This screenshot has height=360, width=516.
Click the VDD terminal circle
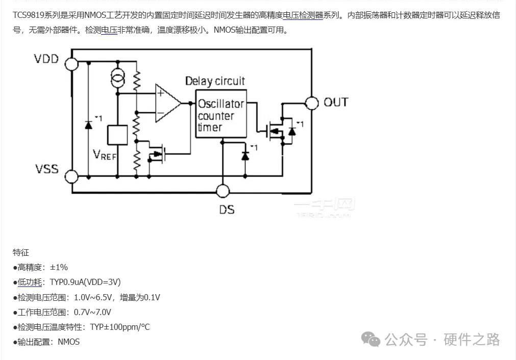coord(71,63)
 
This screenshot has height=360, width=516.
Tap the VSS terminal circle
coord(71,177)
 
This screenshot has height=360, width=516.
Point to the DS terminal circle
coord(223,191)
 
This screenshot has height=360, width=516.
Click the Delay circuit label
coord(215,81)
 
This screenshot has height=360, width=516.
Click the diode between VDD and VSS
coord(88,124)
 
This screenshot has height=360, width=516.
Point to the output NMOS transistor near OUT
coord(276,131)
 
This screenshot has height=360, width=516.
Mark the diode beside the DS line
coord(245,154)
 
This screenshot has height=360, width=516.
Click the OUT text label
coord(336,103)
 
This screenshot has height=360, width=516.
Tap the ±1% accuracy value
coord(59,267)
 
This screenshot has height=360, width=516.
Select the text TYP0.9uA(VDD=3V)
coord(85,282)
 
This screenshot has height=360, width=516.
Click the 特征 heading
coord(21,252)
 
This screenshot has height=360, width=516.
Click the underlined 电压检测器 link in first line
coord(303,15)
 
